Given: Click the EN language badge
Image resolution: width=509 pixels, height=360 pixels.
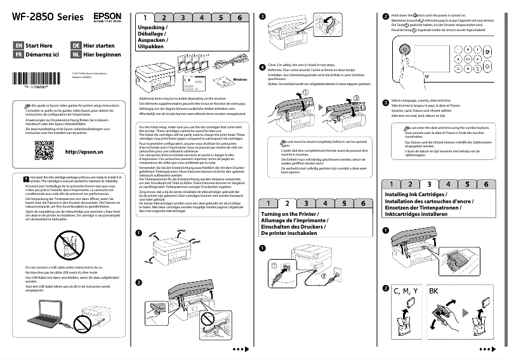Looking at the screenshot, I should point(19,46).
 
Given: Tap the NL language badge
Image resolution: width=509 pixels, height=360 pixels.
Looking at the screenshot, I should point(76,55).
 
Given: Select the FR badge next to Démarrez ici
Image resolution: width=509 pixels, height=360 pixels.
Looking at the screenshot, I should point(19,55).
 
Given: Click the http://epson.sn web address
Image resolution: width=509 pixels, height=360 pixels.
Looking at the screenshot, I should point(85,152).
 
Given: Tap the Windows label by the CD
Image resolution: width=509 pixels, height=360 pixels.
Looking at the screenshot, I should point(239,79).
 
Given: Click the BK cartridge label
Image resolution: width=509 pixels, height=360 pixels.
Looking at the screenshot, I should point(433,291).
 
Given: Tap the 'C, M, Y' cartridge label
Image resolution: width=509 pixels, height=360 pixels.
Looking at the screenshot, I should point(406,291).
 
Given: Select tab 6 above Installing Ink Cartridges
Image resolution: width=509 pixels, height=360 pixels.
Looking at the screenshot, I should point(486,184).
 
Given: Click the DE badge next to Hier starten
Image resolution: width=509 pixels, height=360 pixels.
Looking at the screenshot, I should point(76,46).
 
